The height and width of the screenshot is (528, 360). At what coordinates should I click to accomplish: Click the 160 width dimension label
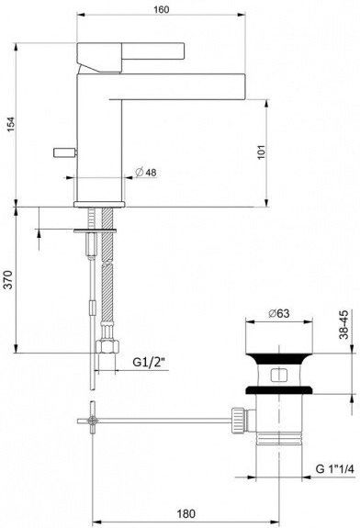(161, 9)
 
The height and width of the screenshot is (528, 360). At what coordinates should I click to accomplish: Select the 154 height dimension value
(11, 124)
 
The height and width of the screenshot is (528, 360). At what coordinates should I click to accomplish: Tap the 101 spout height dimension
(262, 152)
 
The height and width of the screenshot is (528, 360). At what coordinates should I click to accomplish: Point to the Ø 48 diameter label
(146, 172)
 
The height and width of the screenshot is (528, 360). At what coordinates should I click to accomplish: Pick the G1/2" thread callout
(150, 362)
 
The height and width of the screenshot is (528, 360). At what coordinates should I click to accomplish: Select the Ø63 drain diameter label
(279, 313)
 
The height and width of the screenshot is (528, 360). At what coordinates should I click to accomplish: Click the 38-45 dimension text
(344, 325)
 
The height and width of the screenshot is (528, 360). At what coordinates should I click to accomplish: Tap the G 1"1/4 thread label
(334, 468)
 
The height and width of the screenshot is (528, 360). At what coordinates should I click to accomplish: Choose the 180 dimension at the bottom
(186, 514)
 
